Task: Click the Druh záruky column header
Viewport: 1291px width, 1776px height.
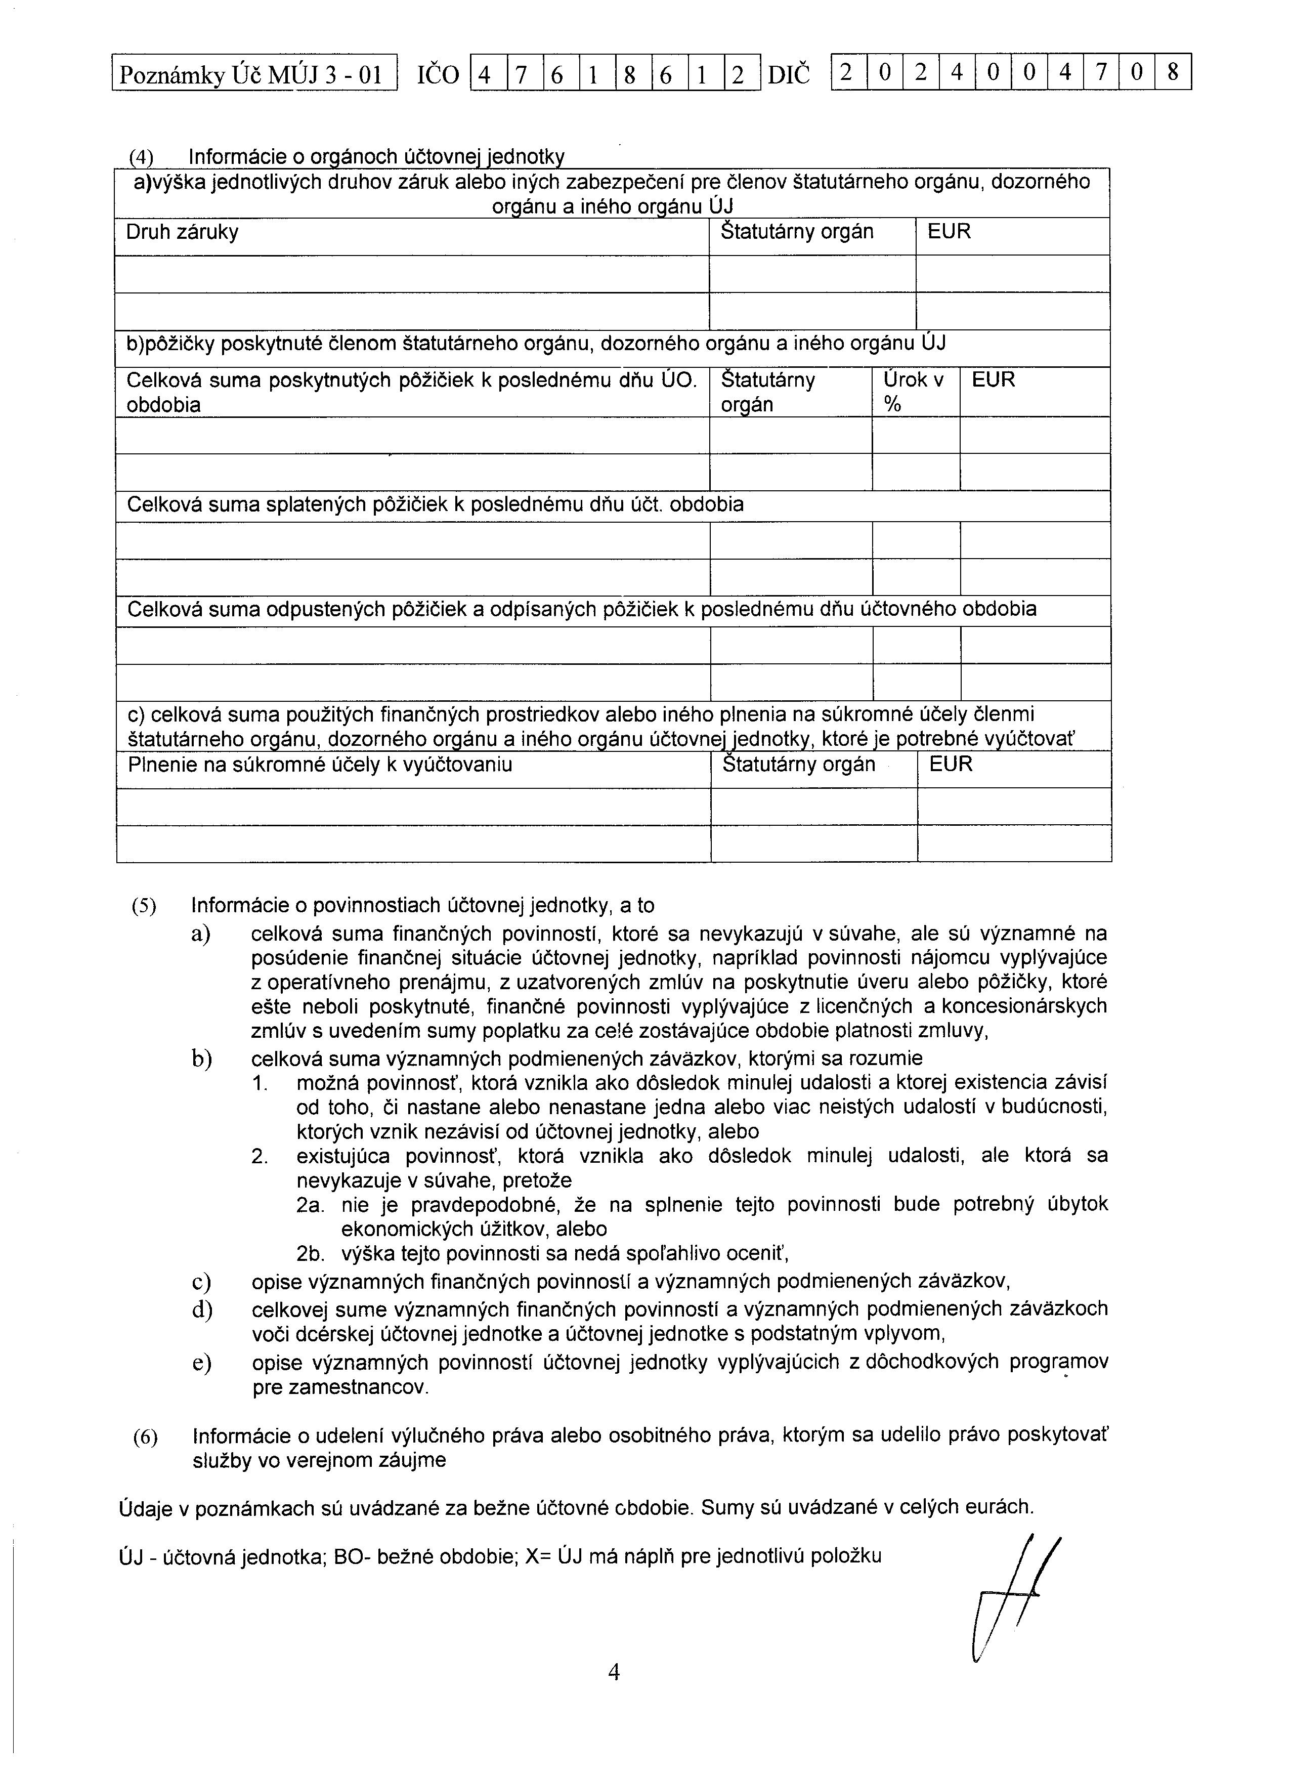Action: (x=183, y=233)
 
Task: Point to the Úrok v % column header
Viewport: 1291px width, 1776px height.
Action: (x=913, y=392)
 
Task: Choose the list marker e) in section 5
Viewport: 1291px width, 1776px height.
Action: (x=201, y=1363)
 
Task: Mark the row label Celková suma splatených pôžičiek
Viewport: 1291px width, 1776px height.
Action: (x=435, y=505)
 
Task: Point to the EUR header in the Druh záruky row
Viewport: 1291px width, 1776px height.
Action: (x=949, y=233)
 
